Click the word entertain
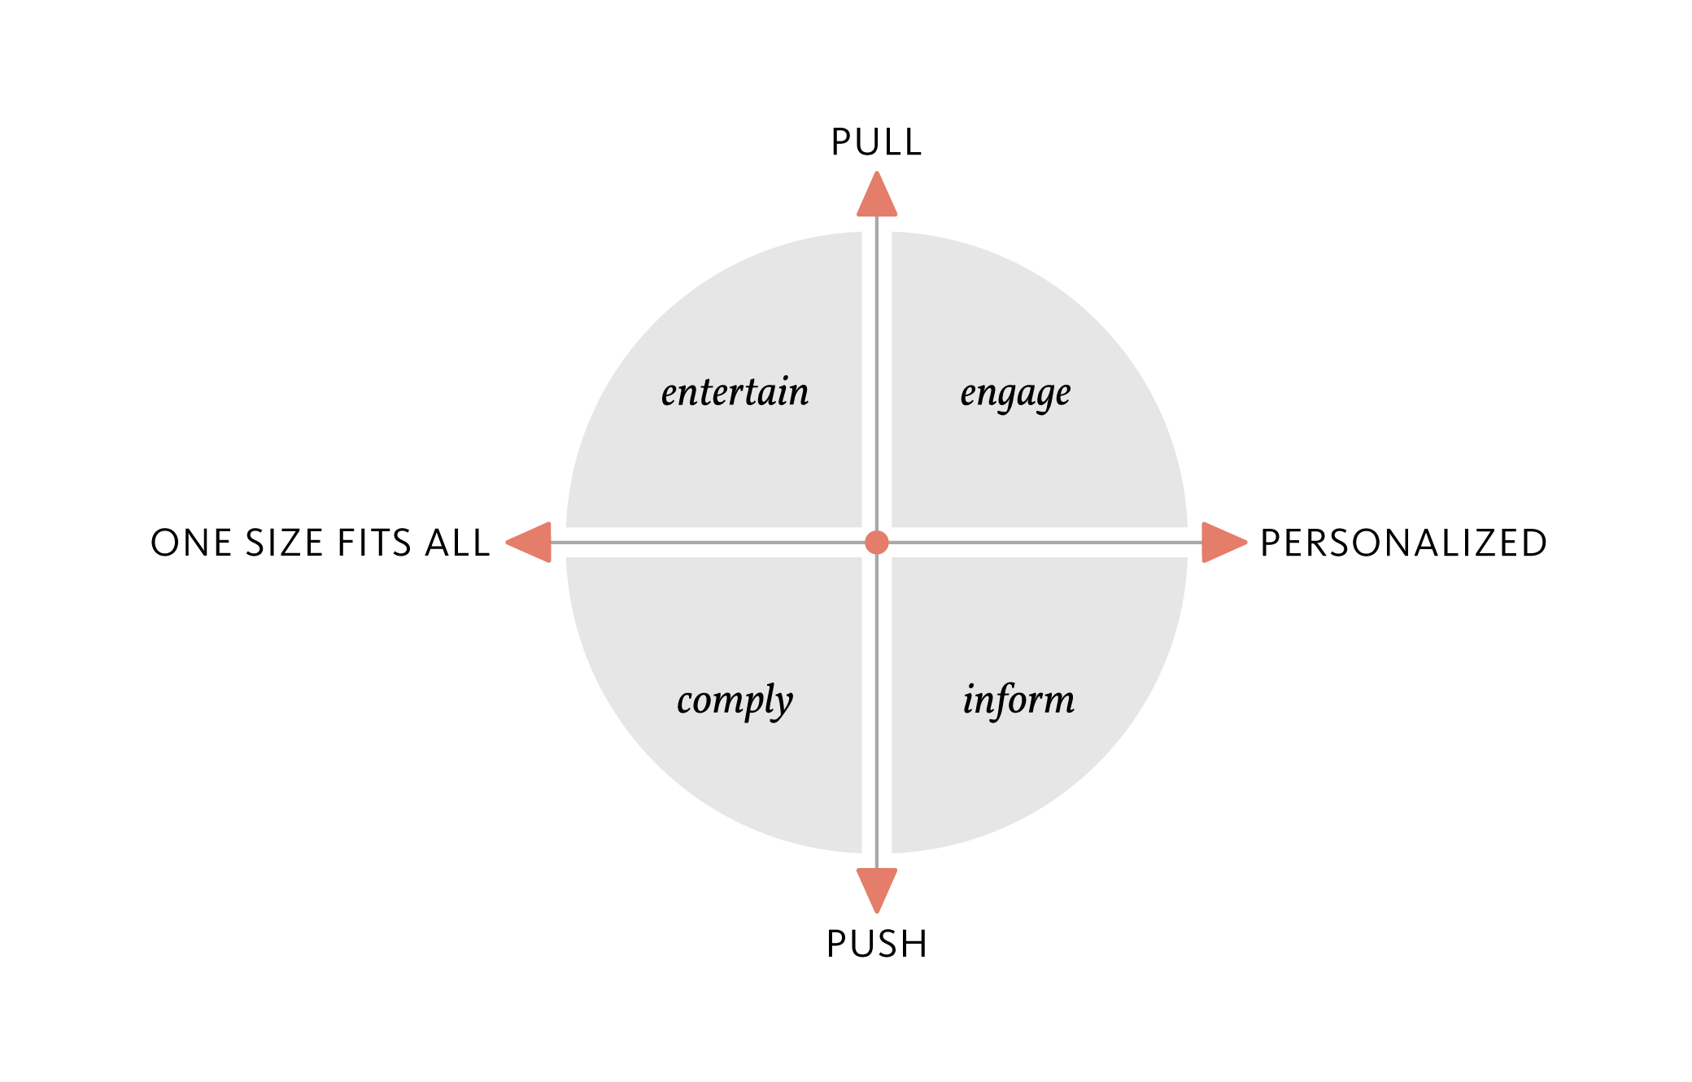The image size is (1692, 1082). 735,392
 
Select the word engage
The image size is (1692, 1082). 1015,394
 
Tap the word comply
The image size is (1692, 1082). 735,700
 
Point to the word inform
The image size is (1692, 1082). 1018,700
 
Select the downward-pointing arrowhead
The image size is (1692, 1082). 877,887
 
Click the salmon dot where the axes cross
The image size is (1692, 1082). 877,543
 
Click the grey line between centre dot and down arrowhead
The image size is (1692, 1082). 877,716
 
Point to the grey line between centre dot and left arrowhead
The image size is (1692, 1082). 708,543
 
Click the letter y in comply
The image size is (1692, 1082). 782,704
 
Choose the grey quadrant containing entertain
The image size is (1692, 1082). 732,464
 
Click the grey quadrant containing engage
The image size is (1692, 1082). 1025,464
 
